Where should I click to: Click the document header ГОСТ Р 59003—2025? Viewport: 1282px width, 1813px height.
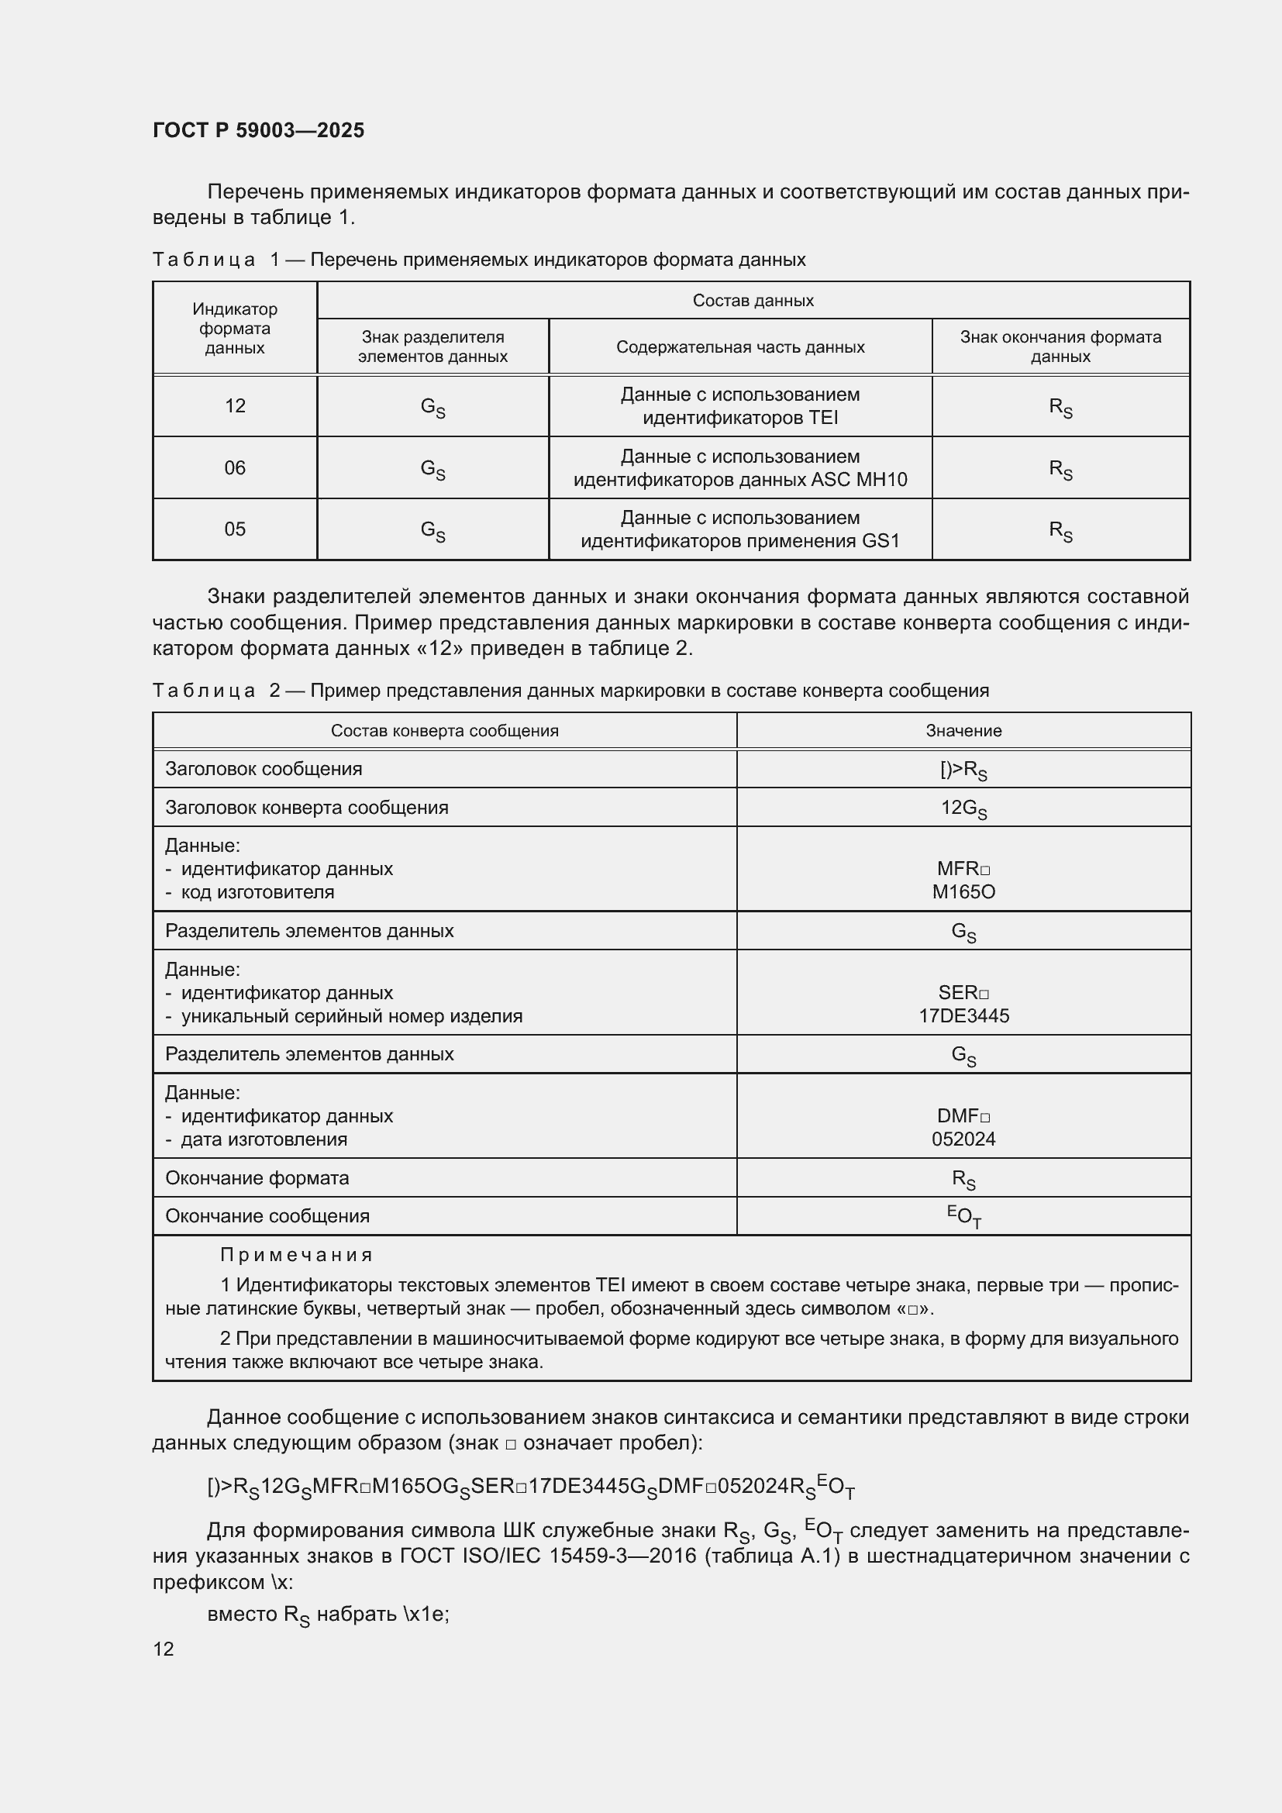click(x=258, y=130)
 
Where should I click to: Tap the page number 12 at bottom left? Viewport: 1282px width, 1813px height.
click(x=164, y=1649)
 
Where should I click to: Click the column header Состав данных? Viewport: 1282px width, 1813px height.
click(x=753, y=300)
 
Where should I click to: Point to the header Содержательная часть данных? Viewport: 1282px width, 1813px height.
click(x=739, y=346)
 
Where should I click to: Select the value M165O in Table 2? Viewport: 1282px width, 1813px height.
click(x=963, y=892)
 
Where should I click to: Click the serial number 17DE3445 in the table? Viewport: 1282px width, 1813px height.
click(x=963, y=1016)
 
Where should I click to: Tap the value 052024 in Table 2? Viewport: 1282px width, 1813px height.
click(x=963, y=1139)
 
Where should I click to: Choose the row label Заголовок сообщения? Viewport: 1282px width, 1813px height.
click(x=264, y=769)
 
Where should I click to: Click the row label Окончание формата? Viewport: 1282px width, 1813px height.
click(x=257, y=1178)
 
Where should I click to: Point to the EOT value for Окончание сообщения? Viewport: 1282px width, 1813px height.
click(x=964, y=1217)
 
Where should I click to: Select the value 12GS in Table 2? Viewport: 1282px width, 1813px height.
click(x=963, y=808)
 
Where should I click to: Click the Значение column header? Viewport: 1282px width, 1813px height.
click(x=963, y=731)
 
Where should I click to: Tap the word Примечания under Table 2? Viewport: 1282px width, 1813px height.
click(x=296, y=1255)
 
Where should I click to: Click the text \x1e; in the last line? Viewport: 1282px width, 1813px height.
click(x=426, y=1614)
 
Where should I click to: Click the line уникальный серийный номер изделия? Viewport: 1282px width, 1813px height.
click(x=351, y=1016)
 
